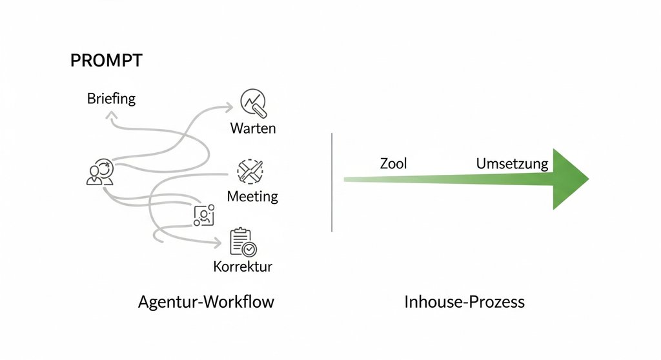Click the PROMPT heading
tap(106, 61)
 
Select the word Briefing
tap(111, 99)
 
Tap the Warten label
tap(252, 128)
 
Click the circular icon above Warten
tap(253, 102)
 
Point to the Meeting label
tap(252, 196)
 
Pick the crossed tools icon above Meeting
tap(250, 170)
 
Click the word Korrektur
tap(243, 266)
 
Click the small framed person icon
tap(204, 215)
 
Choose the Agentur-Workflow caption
tap(206, 302)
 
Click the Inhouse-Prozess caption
tap(464, 302)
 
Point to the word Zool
tap(393, 164)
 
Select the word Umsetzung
tap(512, 164)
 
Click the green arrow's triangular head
tap(569, 179)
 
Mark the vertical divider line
tap(331, 182)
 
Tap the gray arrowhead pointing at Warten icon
tap(230, 105)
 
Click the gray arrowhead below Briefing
tap(111, 114)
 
